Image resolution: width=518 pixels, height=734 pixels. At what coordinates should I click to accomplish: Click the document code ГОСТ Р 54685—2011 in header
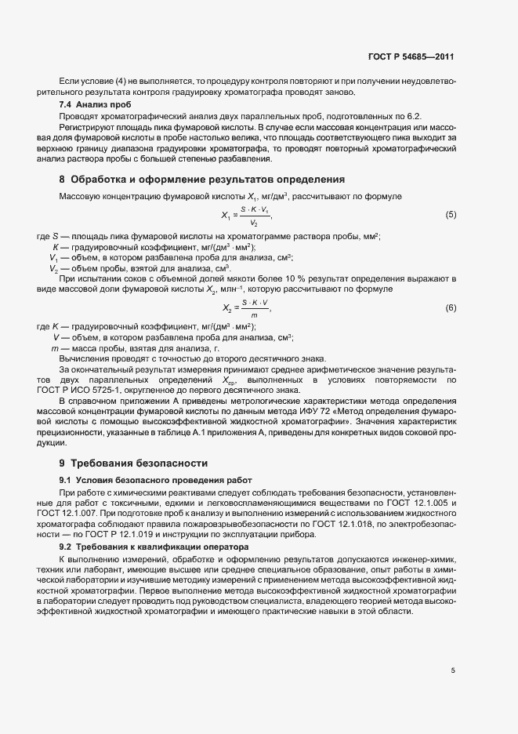click(x=411, y=57)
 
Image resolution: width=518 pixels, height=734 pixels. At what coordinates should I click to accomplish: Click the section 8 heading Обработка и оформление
click(x=201, y=179)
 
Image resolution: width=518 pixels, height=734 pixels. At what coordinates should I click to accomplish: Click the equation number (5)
click(x=451, y=214)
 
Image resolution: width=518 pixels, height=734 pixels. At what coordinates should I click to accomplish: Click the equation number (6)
click(x=451, y=307)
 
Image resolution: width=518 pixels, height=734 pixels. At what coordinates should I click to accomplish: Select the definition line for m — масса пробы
click(x=135, y=347)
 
